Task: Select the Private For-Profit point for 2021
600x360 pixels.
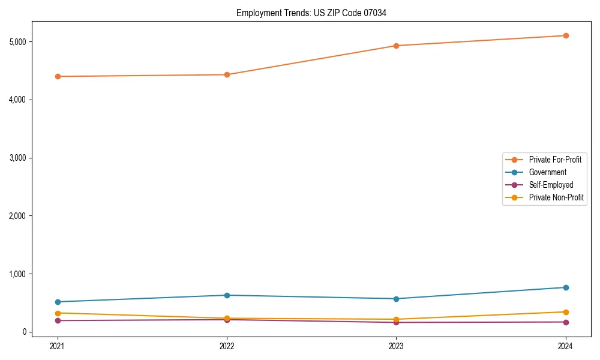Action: (58, 76)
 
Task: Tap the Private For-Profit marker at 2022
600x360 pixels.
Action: (227, 74)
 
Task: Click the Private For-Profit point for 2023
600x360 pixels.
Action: (396, 46)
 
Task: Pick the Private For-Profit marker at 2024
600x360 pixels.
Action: (566, 35)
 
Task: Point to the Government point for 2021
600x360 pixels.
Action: (58, 302)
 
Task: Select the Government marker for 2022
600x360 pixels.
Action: (227, 295)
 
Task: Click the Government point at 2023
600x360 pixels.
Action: (396, 299)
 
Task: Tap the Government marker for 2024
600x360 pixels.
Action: (566, 287)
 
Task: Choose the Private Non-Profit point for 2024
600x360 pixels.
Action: (566, 312)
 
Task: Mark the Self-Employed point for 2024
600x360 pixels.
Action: (566, 322)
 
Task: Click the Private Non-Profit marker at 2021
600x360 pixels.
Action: (58, 313)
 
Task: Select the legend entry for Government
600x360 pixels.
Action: (547, 172)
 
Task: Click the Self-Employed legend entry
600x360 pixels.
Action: (551, 185)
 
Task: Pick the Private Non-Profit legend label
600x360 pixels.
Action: (556, 197)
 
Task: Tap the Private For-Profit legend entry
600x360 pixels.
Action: (555, 160)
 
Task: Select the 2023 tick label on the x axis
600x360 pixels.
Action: (396, 346)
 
